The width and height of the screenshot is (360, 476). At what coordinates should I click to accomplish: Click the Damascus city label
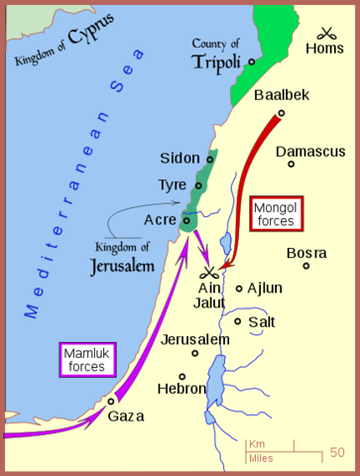click(x=310, y=152)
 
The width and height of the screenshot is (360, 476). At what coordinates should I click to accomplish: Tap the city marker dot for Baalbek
click(x=281, y=113)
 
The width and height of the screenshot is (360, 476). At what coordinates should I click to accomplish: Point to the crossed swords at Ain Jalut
click(x=209, y=272)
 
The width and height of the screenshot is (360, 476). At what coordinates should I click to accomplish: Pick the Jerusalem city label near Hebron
click(x=195, y=340)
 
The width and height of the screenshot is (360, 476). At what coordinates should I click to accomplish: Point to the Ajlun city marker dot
click(x=239, y=289)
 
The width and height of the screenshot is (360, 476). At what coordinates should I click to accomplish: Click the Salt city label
click(x=262, y=321)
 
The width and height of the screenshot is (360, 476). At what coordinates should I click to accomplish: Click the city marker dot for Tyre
click(x=199, y=184)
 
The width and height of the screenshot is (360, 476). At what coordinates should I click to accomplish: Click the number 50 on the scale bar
click(x=338, y=452)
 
